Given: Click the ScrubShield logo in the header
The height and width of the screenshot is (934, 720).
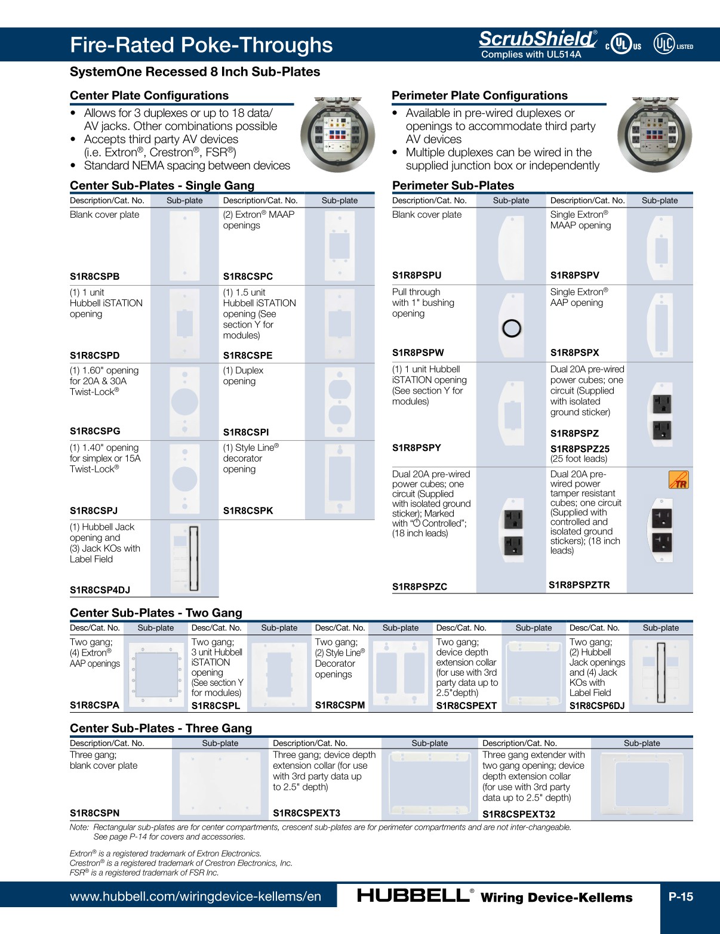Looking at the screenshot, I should pyautogui.click(x=537, y=39).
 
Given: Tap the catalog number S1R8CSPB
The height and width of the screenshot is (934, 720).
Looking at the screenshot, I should pyautogui.click(x=94, y=276).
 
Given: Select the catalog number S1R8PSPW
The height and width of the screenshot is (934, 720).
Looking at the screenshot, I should pyautogui.click(x=418, y=352).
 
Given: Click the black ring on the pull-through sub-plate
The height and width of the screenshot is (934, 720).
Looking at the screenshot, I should pyautogui.click(x=512, y=328).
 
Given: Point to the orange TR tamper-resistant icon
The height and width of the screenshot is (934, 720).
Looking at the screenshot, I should pyautogui.click(x=678, y=480).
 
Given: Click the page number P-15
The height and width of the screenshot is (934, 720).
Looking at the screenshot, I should pyautogui.click(x=681, y=896).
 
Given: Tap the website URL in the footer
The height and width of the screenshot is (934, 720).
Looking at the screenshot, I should pyautogui.click(x=195, y=896).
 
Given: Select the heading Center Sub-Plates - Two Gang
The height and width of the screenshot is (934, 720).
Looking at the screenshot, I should pyautogui.click(x=156, y=613).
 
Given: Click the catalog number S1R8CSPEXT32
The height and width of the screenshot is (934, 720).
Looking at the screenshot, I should pyautogui.click(x=518, y=814).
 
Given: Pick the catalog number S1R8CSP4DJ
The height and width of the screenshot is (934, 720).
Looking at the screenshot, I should pyautogui.click(x=100, y=590).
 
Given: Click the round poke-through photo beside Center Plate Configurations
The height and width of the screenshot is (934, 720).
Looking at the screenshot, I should pyautogui.click(x=338, y=135).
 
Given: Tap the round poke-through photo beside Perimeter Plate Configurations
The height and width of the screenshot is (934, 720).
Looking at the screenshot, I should pyautogui.click(x=654, y=135).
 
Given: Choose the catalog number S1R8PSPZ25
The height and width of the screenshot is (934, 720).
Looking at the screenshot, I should pyautogui.click(x=580, y=449).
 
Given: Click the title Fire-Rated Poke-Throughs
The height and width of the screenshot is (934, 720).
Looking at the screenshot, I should pyautogui.click(x=201, y=45).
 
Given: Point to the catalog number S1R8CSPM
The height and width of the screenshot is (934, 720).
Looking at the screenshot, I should pyautogui.click(x=340, y=704).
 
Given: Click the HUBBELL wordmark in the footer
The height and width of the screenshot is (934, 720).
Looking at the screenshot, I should pyautogui.click(x=413, y=896).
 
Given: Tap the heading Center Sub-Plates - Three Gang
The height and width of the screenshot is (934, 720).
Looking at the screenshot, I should pyautogui.click(x=161, y=728).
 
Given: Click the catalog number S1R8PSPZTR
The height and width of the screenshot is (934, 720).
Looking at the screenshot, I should pyautogui.click(x=579, y=585).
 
